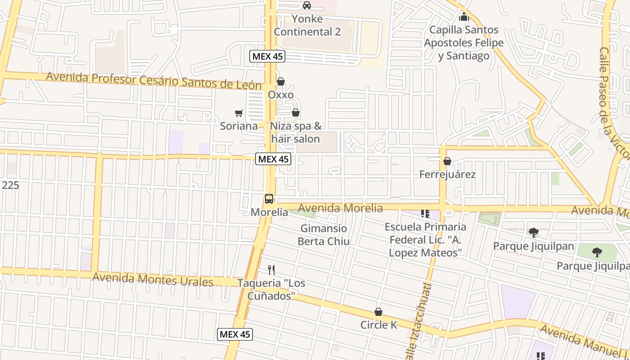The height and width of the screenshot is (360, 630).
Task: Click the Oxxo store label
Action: [281, 95]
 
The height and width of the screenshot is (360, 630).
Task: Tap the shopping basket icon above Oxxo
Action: [281, 81]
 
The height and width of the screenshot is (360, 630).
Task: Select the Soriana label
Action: [238, 126]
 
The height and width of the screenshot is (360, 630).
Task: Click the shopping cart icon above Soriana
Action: [238, 113]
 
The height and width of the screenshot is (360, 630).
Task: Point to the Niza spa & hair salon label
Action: [296, 132]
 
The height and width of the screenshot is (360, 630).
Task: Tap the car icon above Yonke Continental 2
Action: [307, 5]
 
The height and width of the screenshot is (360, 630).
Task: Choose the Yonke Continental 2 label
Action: [307, 26]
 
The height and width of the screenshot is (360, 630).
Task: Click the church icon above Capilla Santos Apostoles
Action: [463, 18]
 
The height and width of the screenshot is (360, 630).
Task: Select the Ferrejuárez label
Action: [447, 174]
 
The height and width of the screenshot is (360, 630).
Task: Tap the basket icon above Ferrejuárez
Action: [447, 161]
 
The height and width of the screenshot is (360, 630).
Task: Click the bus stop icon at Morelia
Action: [269, 198]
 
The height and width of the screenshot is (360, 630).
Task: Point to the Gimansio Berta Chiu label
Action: [324, 235]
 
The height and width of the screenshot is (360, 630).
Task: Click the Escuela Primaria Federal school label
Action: [426, 239]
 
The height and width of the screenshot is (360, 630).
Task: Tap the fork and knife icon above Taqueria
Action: [271, 270]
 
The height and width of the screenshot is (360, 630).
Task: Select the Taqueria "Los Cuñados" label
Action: [271, 289]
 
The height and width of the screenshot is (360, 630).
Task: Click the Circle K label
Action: [379, 324]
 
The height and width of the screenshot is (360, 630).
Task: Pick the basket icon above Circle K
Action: [379, 312]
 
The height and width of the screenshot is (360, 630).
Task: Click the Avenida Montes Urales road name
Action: [153, 279]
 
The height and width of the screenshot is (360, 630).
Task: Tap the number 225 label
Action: [10, 185]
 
